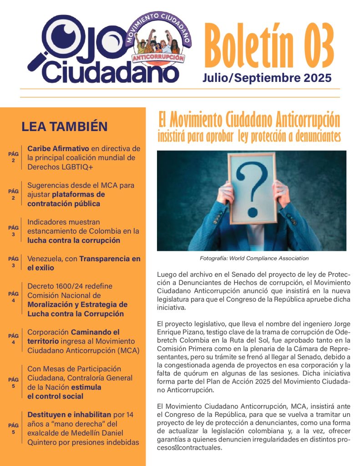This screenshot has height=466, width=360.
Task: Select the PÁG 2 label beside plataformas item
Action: pyautogui.click(x=14, y=195)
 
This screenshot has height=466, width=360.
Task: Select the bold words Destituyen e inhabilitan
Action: pyautogui.click(x=69, y=415)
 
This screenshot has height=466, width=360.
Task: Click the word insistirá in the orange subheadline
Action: pyautogui.click(x=174, y=136)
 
